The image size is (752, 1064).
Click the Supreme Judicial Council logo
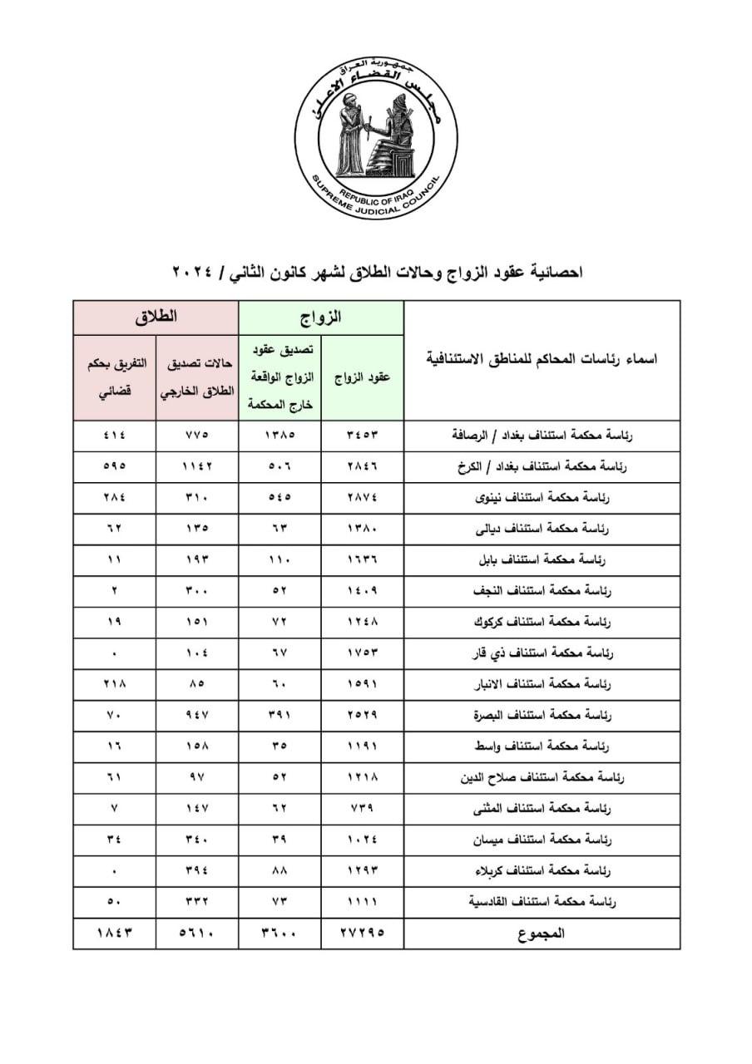pos(376,140)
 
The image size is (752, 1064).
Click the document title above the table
pos(376,272)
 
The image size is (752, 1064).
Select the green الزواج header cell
pos(321,318)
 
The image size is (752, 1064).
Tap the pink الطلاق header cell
pos(156,318)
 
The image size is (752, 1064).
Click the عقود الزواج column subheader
pos(363,377)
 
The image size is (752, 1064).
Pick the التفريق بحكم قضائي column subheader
pos(115,377)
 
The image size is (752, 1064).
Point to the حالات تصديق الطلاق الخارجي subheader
pos(197,377)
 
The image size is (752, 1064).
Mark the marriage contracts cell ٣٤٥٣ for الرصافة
pos(363,435)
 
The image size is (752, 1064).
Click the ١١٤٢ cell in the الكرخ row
pos(197,466)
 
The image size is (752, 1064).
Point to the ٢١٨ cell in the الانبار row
pos(115,684)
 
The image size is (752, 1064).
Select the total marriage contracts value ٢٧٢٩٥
pos(363,933)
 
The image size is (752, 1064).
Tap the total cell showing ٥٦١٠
pos(197,933)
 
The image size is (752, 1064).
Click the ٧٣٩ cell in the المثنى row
pos(363,809)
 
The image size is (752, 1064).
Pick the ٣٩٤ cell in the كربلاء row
pos(197,871)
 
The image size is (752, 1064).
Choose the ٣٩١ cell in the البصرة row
pos(280,715)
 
